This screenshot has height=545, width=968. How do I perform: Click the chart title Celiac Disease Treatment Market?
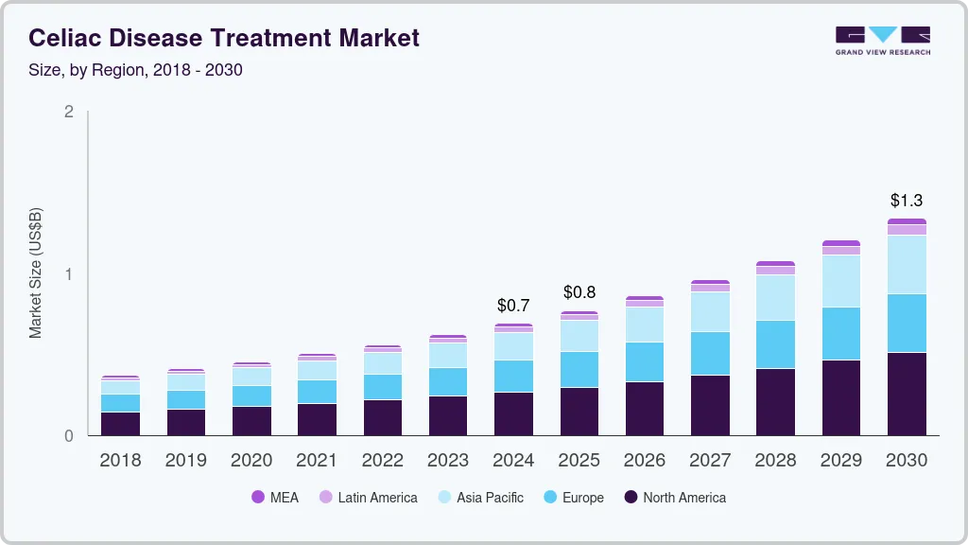click(x=224, y=39)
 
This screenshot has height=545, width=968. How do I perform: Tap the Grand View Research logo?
click(x=882, y=40)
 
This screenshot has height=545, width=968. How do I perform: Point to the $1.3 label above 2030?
click(x=907, y=201)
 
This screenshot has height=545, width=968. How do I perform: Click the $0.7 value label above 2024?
click(x=513, y=306)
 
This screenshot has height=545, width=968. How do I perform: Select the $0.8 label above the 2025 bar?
click(x=579, y=292)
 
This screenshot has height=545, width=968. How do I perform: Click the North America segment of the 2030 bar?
click(x=907, y=394)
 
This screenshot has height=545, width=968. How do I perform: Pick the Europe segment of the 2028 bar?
click(x=775, y=344)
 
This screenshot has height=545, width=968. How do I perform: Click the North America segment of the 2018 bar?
click(x=120, y=424)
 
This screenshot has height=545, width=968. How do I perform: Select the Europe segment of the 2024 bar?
click(x=513, y=376)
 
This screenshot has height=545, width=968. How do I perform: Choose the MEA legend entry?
click(x=275, y=498)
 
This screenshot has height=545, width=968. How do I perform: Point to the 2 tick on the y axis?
click(x=69, y=112)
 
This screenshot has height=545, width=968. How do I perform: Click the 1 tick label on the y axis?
click(x=69, y=274)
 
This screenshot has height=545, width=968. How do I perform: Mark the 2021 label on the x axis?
click(x=317, y=461)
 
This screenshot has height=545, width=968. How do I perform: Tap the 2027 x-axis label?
click(x=710, y=461)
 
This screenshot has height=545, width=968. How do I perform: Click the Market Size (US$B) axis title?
click(x=35, y=272)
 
